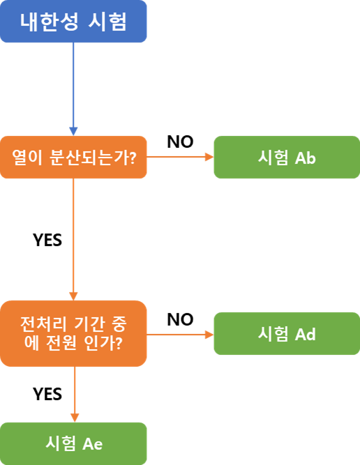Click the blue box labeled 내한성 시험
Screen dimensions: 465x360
click(73, 22)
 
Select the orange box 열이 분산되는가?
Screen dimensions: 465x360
click(73, 157)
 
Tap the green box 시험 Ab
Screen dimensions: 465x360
click(286, 157)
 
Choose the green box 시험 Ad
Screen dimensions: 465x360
click(286, 334)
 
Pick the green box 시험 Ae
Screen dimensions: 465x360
click(73, 443)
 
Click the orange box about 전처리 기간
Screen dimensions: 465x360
click(73, 333)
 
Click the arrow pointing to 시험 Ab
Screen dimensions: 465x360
click(180, 157)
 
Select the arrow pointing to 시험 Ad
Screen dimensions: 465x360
click(180, 335)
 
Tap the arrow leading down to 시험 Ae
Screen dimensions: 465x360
click(73, 394)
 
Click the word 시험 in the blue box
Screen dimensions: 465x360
click(108, 22)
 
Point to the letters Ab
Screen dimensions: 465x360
click(306, 158)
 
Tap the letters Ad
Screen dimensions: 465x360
click(306, 335)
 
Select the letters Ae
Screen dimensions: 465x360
click(93, 443)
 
